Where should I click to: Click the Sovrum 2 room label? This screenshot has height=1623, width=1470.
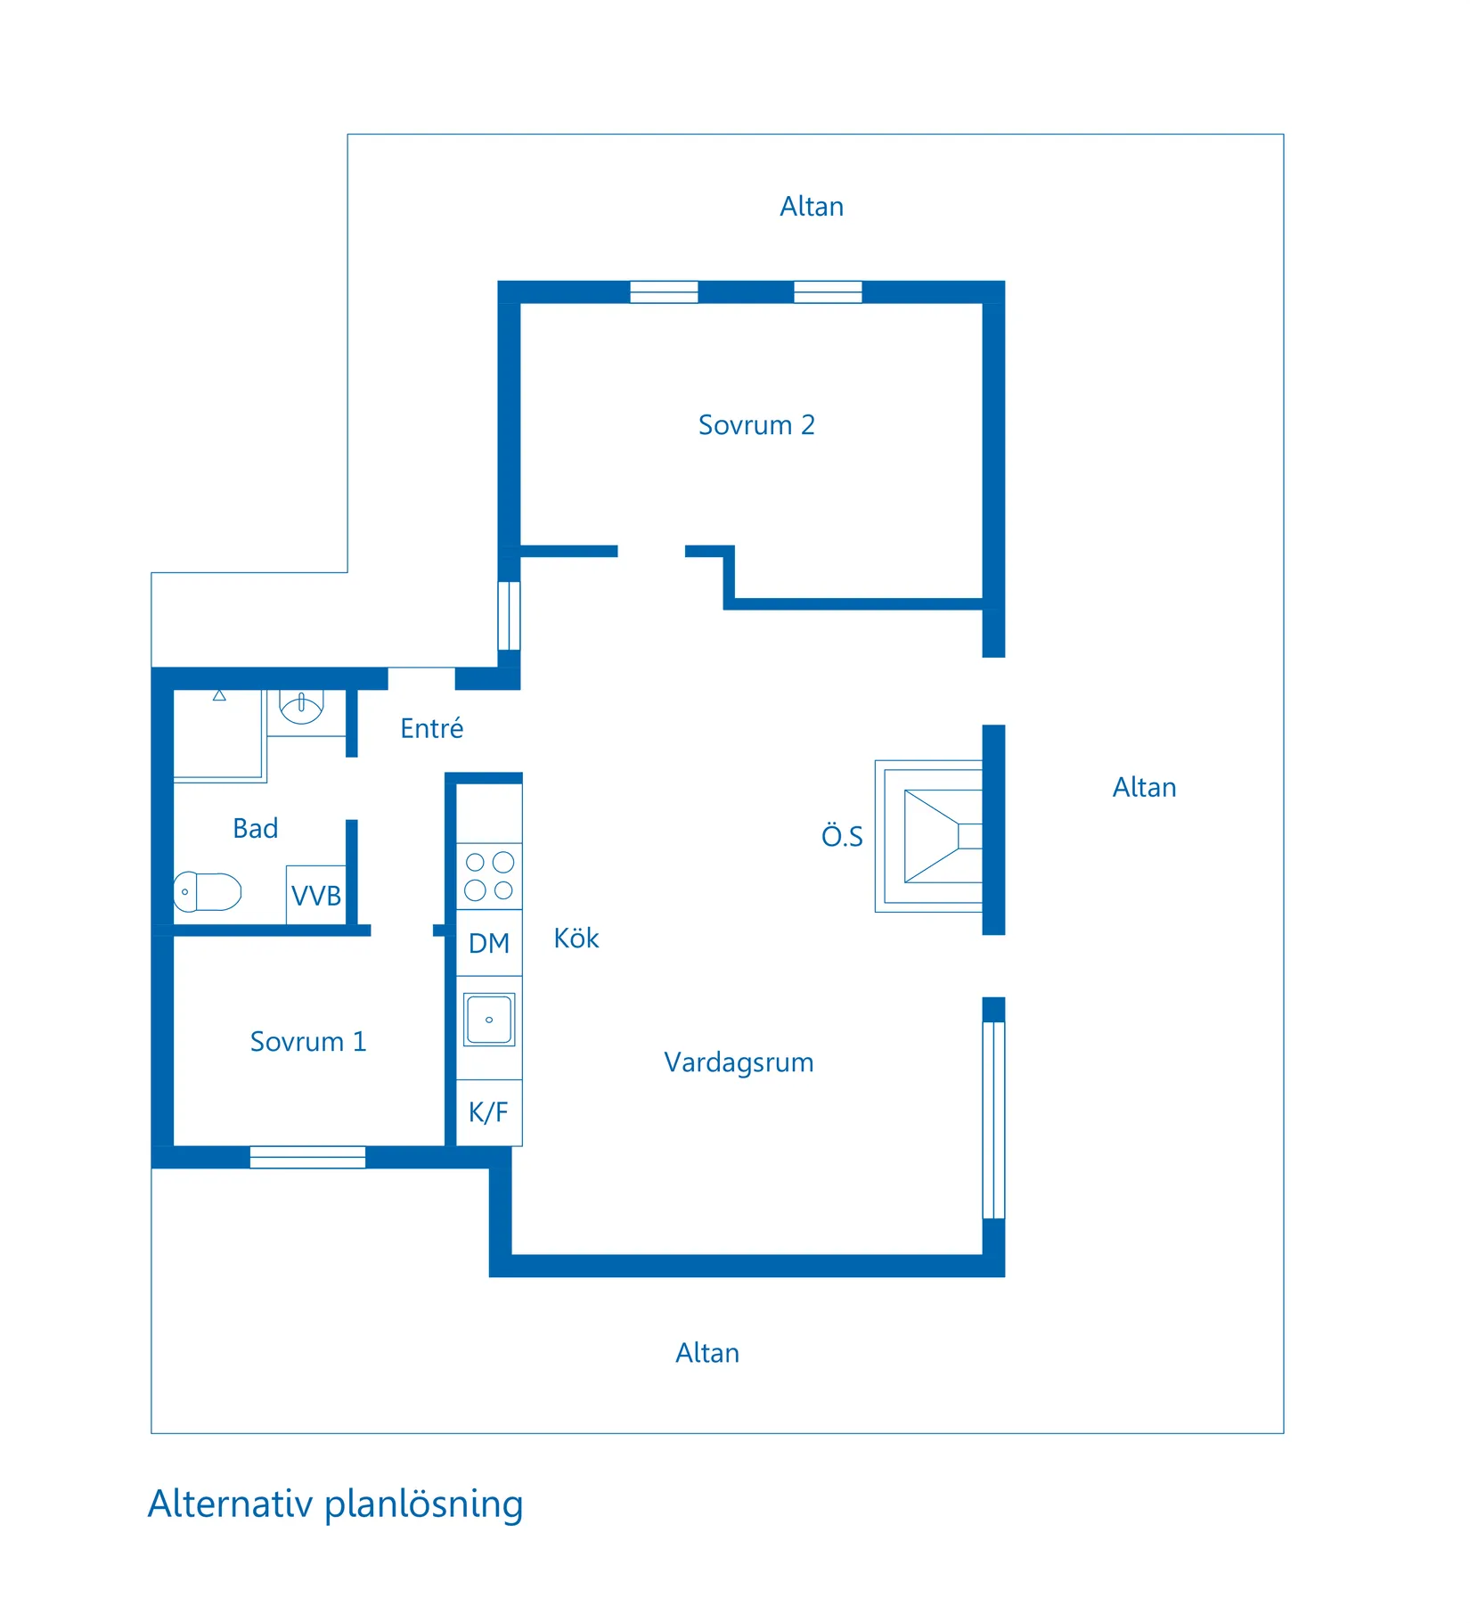coord(756,425)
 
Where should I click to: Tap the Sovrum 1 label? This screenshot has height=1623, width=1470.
coord(308,1041)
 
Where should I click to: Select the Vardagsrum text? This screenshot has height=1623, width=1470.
coord(739,1062)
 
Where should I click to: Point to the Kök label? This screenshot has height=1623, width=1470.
coord(576,938)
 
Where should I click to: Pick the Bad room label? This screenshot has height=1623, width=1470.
coord(256,828)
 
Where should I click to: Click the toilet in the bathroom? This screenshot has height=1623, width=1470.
coord(207,891)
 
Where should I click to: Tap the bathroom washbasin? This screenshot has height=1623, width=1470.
coord(301,708)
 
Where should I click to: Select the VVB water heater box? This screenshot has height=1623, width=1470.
coord(316,895)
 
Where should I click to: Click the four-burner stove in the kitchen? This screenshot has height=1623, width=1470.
coord(489,876)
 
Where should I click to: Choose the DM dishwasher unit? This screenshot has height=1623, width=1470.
coord(489,943)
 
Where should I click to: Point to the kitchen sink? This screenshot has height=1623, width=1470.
coord(489,1020)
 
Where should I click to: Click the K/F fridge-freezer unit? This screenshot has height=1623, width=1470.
coord(489,1112)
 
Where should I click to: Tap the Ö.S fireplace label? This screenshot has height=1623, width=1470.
coord(842,836)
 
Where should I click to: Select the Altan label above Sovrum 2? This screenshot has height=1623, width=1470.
coord(812,207)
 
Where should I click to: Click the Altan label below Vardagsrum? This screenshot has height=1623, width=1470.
coord(707,1353)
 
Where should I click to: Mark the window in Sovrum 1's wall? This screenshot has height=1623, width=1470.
coord(307,1157)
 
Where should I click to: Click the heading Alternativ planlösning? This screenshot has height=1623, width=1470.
coord(335,1504)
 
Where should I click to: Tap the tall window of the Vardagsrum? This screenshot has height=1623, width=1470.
coord(993,1119)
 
